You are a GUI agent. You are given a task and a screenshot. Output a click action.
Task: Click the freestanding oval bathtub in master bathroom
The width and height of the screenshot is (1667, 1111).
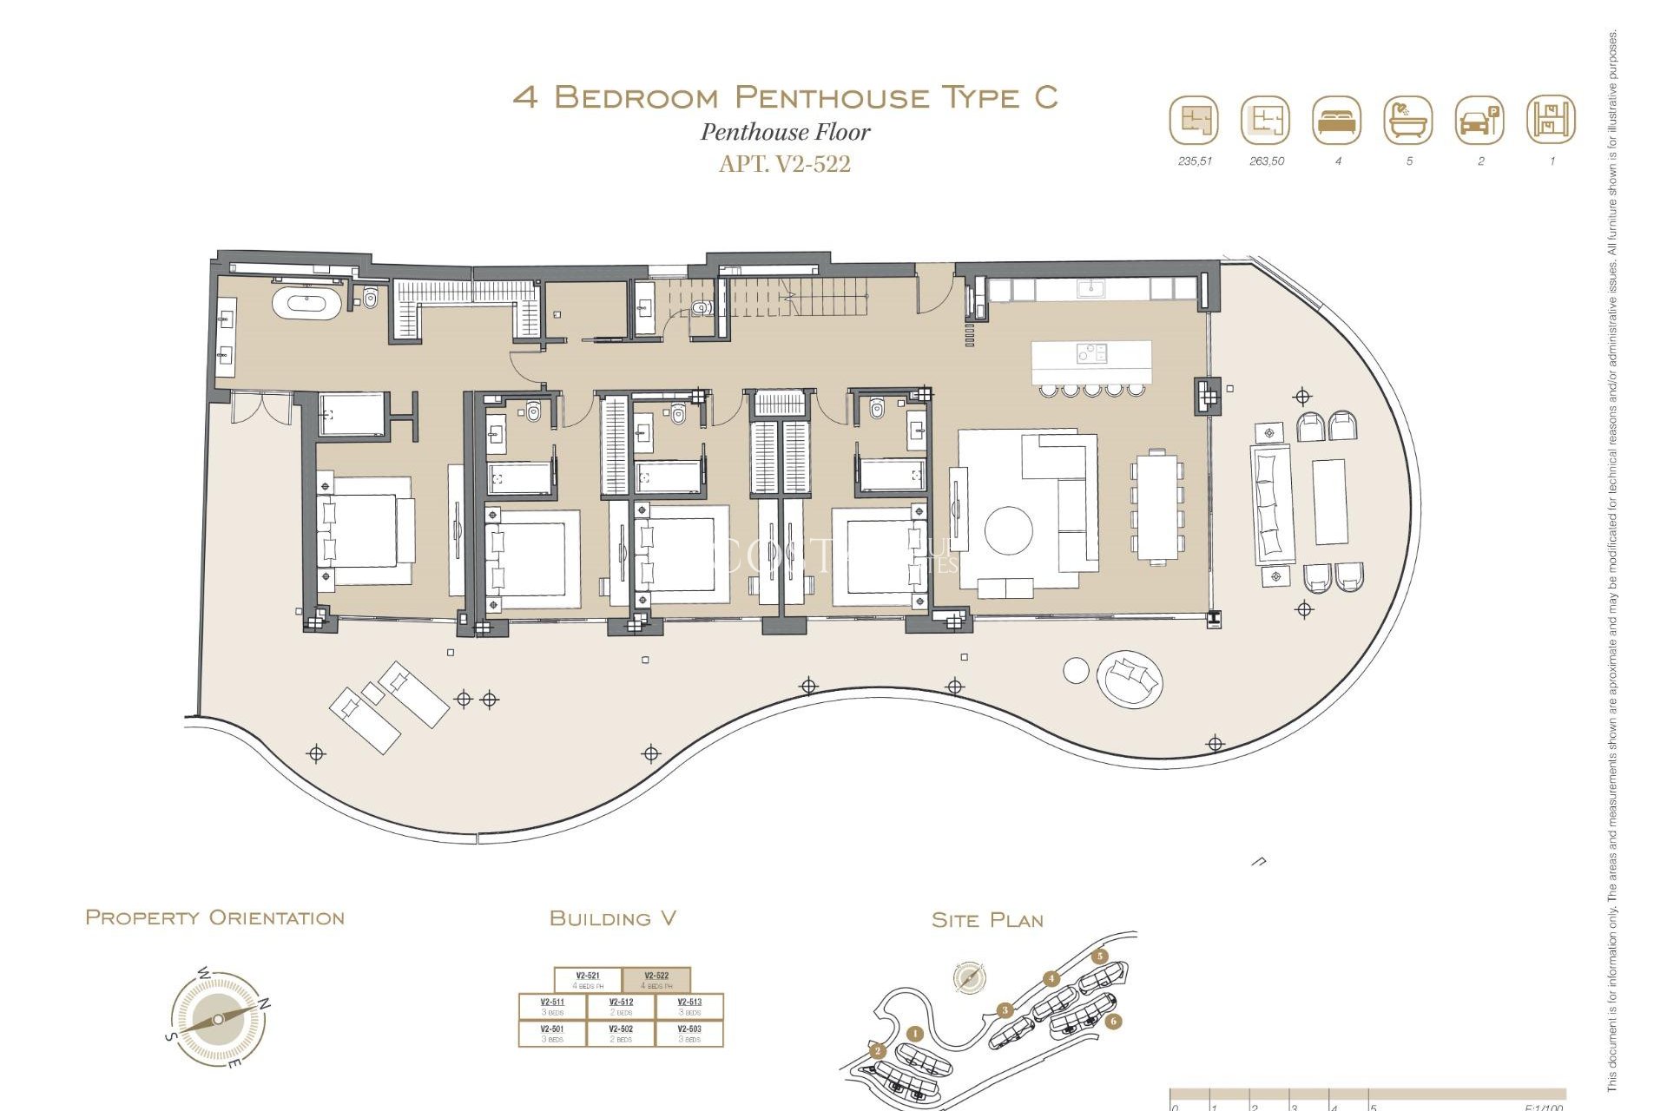click(x=306, y=305)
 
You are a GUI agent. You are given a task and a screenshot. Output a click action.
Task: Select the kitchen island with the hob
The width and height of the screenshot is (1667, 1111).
click(x=1091, y=362)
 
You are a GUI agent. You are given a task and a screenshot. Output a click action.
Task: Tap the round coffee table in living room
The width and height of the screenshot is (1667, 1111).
click(x=1008, y=529)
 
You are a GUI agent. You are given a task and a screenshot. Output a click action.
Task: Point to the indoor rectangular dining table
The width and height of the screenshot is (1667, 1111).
click(x=1156, y=508)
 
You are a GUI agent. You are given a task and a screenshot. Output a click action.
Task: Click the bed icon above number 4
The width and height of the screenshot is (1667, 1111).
click(x=1337, y=120)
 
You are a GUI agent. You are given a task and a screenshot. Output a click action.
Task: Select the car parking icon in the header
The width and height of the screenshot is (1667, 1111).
click(x=1479, y=120)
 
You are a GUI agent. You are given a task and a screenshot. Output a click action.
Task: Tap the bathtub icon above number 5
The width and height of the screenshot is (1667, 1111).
click(x=1407, y=120)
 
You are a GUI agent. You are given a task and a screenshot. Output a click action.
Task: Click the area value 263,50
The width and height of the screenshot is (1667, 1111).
click(x=1266, y=161)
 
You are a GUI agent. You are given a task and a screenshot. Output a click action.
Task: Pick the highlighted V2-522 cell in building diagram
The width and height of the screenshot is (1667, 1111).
click(x=656, y=980)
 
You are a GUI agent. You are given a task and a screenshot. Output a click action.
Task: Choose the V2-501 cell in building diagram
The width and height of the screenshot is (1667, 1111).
click(x=552, y=1033)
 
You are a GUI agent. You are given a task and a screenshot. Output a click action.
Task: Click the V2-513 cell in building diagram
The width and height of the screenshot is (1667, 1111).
click(x=689, y=1006)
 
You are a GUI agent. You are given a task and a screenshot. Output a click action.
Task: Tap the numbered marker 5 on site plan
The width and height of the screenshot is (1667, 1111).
click(x=1100, y=957)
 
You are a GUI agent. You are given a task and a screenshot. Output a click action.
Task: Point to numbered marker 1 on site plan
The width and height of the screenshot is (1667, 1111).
click(x=914, y=1033)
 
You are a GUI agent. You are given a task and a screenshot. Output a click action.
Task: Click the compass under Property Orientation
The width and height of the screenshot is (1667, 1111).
click(x=218, y=1019)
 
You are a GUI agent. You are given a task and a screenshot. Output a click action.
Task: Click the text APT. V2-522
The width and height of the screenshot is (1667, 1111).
click(x=784, y=164)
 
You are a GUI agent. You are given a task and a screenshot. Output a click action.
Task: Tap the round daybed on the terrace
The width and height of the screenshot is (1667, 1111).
click(x=1129, y=679)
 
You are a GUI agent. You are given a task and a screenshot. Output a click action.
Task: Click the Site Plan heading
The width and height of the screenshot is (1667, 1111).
click(x=986, y=920)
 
